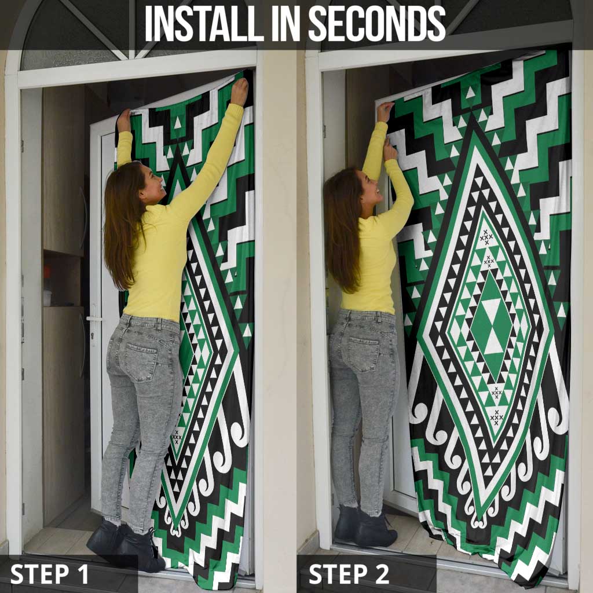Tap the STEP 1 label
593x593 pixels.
50,574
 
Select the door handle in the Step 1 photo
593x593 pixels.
93,319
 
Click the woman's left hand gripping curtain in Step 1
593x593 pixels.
124,120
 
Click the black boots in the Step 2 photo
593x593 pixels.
365,526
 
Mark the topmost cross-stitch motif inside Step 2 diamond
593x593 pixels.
486,236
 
